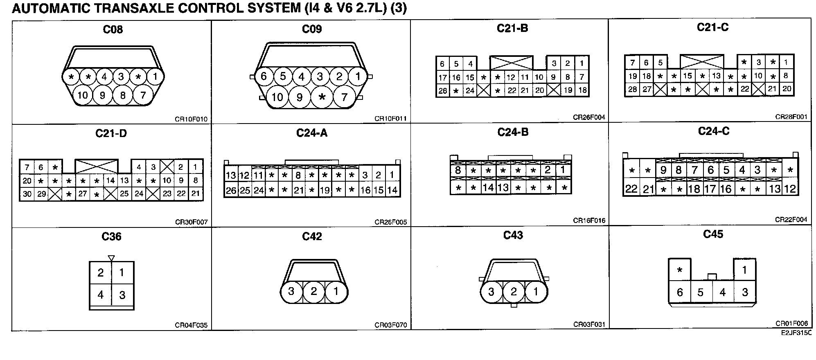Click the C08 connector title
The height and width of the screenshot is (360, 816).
(x=113, y=29)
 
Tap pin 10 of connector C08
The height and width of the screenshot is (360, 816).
(x=83, y=95)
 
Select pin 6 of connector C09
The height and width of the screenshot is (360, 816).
(x=264, y=76)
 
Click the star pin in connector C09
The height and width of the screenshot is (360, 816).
(x=322, y=97)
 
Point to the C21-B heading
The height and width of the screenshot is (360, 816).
(x=512, y=28)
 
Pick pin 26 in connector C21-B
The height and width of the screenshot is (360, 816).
(x=442, y=91)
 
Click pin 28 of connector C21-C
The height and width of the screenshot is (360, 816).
(x=632, y=89)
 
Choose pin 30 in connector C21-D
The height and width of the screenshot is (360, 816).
(x=27, y=194)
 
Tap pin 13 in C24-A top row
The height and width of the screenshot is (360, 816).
(x=231, y=175)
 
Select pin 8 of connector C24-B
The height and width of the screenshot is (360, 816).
(x=458, y=170)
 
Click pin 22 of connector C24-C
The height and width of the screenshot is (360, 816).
(x=631, y=189)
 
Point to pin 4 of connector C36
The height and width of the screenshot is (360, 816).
(x=101, y=295)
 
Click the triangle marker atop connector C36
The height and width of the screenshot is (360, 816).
(x=111, y=258)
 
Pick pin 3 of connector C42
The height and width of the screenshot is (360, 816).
(x=291, y=291)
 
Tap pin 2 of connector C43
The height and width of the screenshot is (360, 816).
(x=514, y=292)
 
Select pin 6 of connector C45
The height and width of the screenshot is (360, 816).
(x=680, y=292)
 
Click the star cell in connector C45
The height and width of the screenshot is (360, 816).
(x=680, y=270)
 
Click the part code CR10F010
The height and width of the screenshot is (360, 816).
(x=191, y=119)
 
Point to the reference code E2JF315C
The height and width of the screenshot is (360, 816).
(x=796, y=333)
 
